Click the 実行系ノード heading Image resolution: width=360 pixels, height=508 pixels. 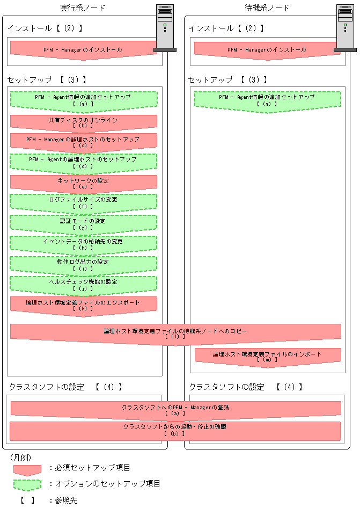(83, 8)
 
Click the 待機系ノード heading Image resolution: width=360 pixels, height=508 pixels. (267, 8)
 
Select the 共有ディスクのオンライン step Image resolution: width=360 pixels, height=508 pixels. (83, 122)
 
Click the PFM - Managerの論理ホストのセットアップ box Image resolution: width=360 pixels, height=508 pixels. (83, 142)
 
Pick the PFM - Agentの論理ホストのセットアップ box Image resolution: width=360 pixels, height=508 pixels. (83, 162)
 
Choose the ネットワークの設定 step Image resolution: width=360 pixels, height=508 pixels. (83, 183)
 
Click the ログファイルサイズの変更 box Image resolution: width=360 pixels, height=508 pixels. (83, 202)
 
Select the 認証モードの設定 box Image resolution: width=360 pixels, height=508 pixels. (83, 223)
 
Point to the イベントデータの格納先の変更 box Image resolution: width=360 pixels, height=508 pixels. (83, 244)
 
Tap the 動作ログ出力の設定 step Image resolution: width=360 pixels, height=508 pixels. (83, 264)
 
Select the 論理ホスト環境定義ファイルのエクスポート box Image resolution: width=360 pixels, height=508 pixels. (83, 305)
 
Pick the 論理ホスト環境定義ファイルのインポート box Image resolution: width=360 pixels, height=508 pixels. (267, 357)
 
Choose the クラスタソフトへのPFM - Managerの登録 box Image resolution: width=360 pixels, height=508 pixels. (175, 410)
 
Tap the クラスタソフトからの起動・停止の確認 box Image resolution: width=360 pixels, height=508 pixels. (175, 430)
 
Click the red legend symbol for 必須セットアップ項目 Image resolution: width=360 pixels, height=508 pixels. (27, 469)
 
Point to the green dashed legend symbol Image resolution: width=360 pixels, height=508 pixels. (27, 484)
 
